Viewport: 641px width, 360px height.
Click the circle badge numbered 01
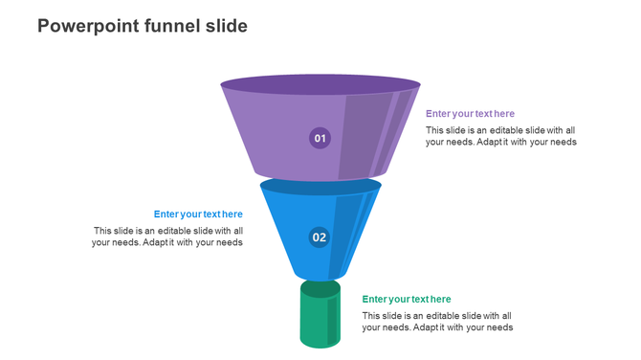tap(320, 139)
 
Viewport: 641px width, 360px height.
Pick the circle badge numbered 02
tap(320, 237)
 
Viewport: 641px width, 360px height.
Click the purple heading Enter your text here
tap(470, 114)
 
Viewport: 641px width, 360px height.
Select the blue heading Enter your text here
tap(198, 214)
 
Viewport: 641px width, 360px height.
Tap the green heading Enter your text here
tap(407, 300)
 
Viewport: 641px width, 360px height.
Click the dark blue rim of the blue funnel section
tap(320, 185)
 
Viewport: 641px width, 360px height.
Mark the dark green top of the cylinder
tap(320, 288)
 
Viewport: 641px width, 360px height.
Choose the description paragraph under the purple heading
tap(501, 136)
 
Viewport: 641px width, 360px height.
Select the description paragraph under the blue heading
tap(167, 236)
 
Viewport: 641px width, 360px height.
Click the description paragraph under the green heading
tap(437, 321)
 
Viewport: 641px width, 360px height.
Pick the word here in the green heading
tap(440, 300)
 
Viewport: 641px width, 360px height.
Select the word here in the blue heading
tap(232, 214)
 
